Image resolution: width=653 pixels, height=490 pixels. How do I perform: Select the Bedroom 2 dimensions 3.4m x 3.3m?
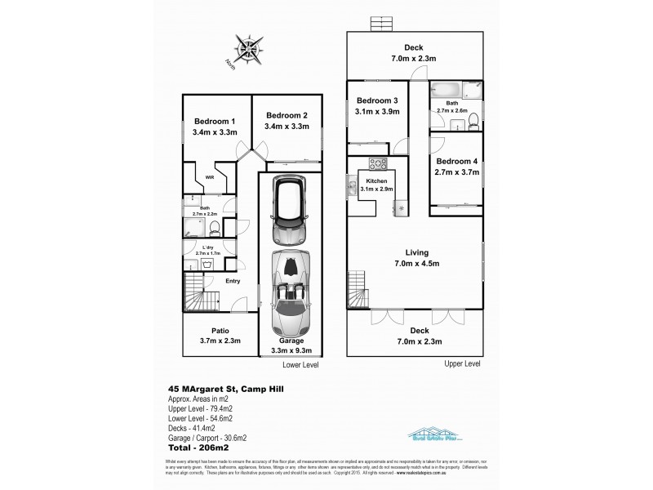(x=286, y=127)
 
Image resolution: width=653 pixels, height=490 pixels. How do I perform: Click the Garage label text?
(x=290, y=341)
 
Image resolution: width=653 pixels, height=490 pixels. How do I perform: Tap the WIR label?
(x=210, y=176)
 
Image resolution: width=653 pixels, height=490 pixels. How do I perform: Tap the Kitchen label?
(x=375, y=180)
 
